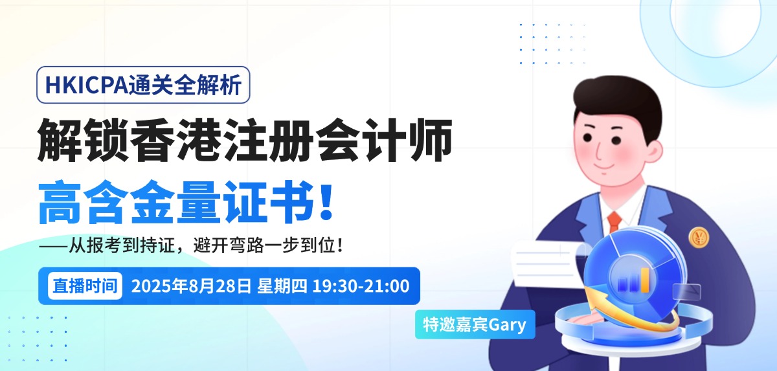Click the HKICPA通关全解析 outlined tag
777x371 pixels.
143,85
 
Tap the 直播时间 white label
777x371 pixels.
85,286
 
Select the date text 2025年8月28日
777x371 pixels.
191,286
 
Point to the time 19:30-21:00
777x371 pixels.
361,286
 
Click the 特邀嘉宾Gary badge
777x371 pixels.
475,324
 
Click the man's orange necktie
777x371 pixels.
614,222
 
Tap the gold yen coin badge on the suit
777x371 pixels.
699,238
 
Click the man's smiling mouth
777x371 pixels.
603,166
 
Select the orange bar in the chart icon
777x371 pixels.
645,280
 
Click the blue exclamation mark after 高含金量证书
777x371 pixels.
326,203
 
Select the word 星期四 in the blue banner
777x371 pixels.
282,286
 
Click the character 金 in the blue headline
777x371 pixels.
152,202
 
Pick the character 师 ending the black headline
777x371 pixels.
431,140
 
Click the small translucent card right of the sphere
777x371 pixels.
687,291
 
